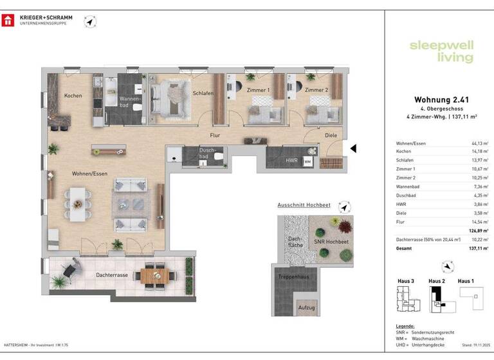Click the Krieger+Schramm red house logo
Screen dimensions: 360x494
pos(9,21)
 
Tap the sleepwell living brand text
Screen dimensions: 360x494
pos(442,51)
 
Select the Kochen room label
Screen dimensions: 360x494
pos(73,96)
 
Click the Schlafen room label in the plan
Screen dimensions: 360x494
pos(203,93)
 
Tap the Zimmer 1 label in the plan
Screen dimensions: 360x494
pos(259,91)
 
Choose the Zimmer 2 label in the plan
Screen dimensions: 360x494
pos(316,91)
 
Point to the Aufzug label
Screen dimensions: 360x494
pos(307,308)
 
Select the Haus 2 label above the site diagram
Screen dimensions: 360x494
pos(437,281)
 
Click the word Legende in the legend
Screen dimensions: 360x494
pos(405,326)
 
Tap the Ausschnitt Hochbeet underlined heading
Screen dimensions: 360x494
pos(304,205)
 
